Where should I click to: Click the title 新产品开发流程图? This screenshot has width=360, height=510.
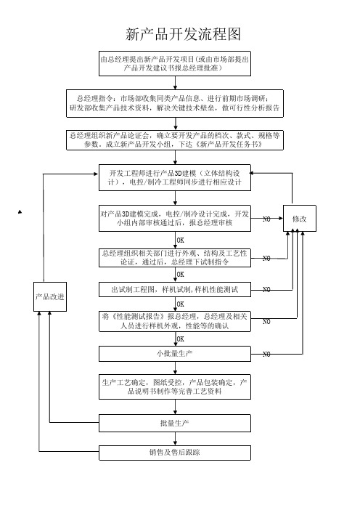click(x=183, y=34)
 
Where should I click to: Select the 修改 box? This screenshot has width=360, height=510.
click(x=300, y=218)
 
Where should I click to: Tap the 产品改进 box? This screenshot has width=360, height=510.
click(x=50, y=296)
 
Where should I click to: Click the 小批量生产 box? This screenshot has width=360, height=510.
click(x=175, y=354)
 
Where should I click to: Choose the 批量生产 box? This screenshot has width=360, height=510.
click(x=175, y=423)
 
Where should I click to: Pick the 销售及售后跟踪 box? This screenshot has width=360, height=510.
click(x=175, y=453)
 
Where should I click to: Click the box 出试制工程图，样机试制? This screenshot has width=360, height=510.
click(x=175, y=289)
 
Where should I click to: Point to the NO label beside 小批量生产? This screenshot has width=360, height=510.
click(x=266, y=355)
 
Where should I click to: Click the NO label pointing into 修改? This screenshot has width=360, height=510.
click(x=266, y=219)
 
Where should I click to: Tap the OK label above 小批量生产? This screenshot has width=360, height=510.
click(x=180, y=339)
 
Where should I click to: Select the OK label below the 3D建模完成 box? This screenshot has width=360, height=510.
click(x=180, y=240)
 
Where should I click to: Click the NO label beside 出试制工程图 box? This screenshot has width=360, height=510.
click(x=266, y=289)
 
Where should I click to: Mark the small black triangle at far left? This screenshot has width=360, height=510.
click(x=20, y=212)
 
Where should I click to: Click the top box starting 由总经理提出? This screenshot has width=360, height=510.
click(x=175, y=63)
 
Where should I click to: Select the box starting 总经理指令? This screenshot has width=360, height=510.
click(x=175, y=103)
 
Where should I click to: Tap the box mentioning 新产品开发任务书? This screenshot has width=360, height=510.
click(x=175, y=140)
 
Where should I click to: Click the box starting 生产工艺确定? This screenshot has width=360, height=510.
click(x=175, y=386)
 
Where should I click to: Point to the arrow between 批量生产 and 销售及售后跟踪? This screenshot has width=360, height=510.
click(x=176, y=439)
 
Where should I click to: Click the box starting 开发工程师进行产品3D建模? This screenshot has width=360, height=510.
click(x=175, y=177)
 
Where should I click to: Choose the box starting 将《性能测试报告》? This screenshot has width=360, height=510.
click(x=175, y=321)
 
